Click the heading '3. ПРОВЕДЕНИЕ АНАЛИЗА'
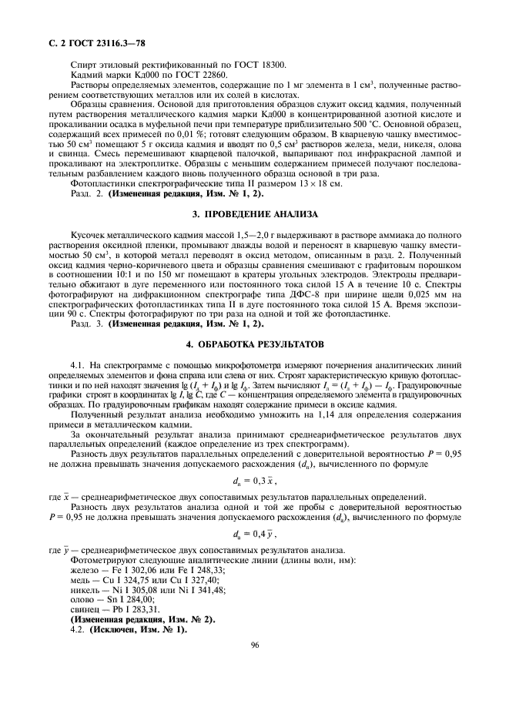coord(253,213)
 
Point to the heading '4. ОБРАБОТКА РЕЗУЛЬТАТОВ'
coord(253,343)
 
